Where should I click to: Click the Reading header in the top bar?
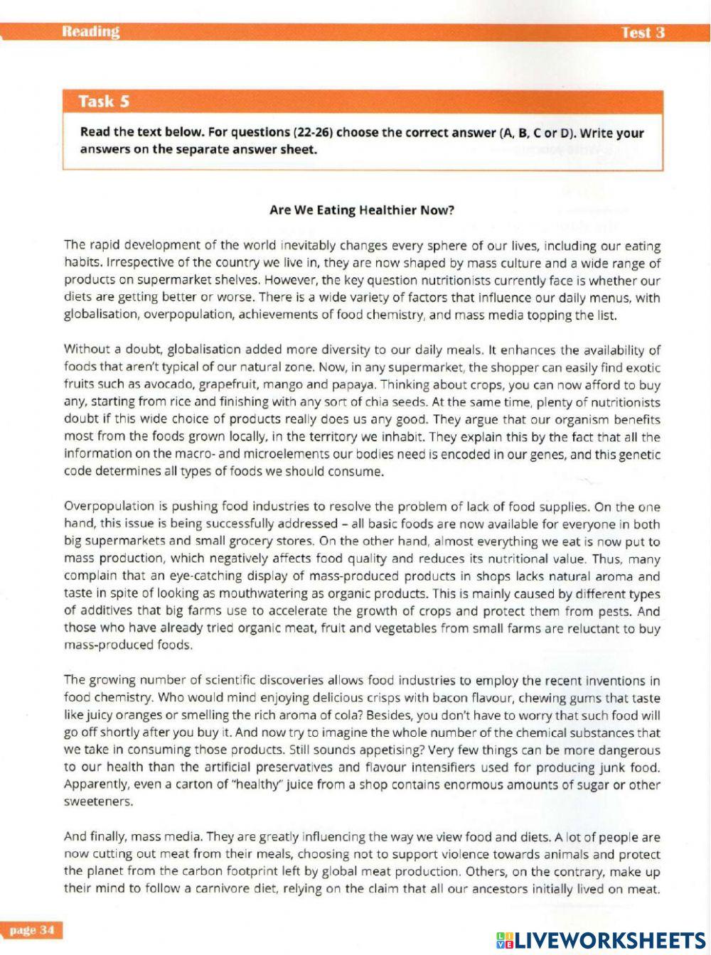(90, 31)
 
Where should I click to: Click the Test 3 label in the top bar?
(643, 33)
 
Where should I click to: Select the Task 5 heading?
(104, 101)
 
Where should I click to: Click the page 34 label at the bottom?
(32, 930)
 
